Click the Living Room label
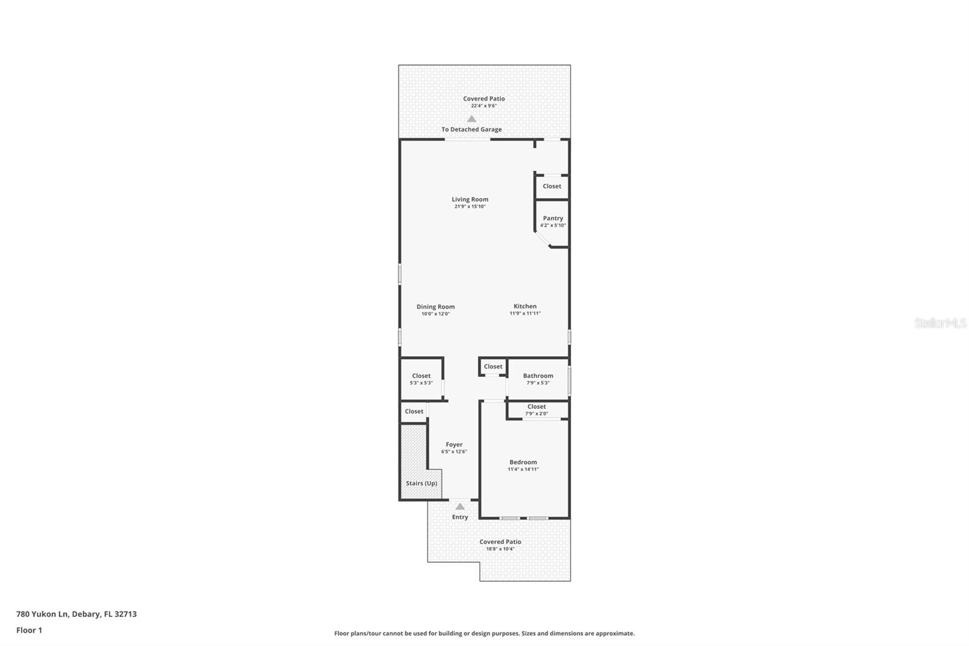[470, 199]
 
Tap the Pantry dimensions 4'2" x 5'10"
[553, 225]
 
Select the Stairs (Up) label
[422, 483]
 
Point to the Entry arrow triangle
[460, 507]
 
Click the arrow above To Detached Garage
[472, 119]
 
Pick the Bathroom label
[538, 376]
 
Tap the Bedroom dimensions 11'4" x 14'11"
[523, 469]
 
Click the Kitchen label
[525, 306]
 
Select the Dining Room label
[435, 307]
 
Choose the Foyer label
[454, 445]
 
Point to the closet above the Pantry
[552, 186]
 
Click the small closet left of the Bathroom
[493, 366]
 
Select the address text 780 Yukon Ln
[42, 614]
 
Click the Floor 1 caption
[30, 630]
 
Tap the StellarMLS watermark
[940, 322]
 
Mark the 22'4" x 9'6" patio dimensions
[484, 105]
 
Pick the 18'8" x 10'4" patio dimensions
[500, 548]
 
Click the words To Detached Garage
[472, 130]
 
